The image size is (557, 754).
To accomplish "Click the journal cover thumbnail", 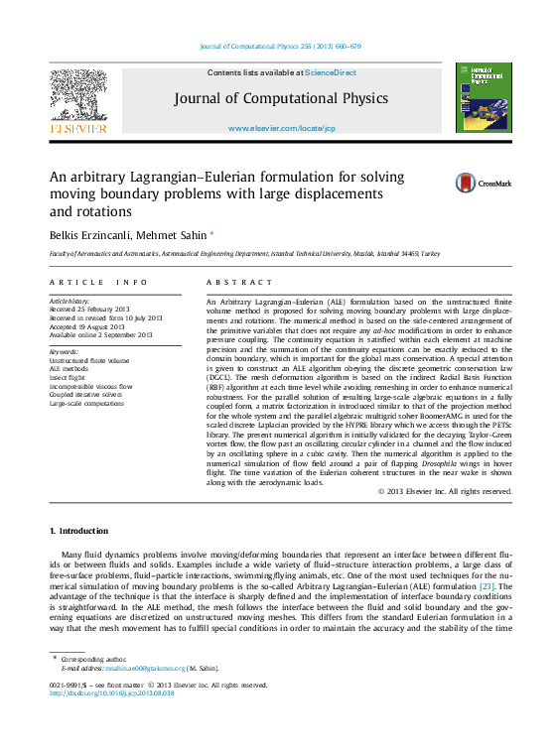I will (483, 97).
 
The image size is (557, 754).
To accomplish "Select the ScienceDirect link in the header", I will (331, 72).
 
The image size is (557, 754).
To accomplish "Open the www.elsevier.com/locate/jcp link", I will (281, 129).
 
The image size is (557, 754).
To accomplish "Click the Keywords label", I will (64, 351).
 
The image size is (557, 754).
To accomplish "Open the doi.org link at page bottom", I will (111, 693).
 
